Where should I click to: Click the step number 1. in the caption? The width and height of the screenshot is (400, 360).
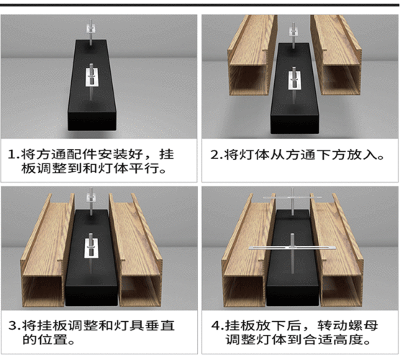[14, 155]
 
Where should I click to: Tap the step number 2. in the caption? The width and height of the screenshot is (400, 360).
[215, 155]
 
